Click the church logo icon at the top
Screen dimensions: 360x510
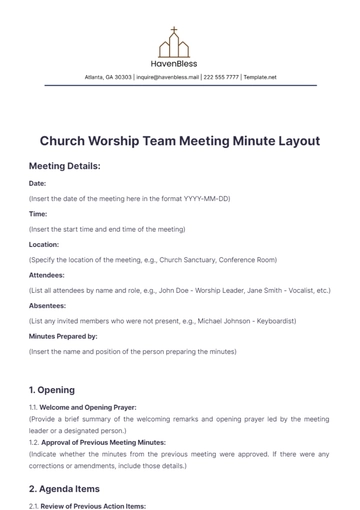(173, 42)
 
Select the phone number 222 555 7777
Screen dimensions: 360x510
(221, 77)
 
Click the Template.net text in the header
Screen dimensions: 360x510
(260, 77)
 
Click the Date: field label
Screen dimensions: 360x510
(38, 184)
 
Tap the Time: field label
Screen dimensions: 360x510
(38, 214)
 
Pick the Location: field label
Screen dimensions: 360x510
(44, 244)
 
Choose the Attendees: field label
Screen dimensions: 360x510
(47, 274)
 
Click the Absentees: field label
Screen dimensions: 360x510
(48, 305)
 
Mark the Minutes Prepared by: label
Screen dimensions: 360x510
(63, 336)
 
